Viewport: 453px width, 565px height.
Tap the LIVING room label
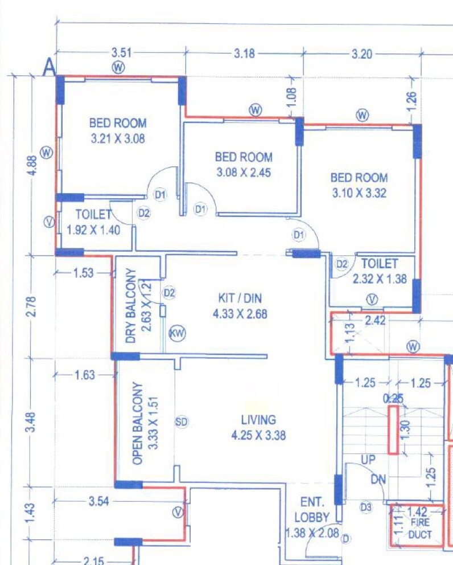pyautogui.click(x=258, y=420)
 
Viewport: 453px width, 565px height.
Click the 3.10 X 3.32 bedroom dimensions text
pyautogui.click(x=359, y=193)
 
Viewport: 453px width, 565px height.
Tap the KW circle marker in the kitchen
pyautogui.click(x=178, y=334)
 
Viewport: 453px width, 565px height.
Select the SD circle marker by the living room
pyautogui.click(x=182, y=422)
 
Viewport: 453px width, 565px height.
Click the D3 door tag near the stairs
pyautogui.click(x=366, y=506)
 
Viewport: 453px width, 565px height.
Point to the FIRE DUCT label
pyautogui.click(x=420, y=530)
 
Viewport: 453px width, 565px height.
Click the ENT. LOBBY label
pyautogui.click(x=312, y=510)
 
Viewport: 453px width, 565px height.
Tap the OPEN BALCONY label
pyautogui.click(x=137, y=424)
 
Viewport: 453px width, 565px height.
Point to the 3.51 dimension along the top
pyautogui.click(x=121, y=53)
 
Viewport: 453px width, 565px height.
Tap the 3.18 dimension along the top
pyautogui.click(x=244, y=54)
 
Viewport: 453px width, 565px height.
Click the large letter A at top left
pyautogui.click(x=50, y=68)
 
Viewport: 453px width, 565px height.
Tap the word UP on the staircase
pyautogui.click(x=368, y=459)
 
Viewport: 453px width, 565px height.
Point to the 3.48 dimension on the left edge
pyautogui.click(x=32, y=421)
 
